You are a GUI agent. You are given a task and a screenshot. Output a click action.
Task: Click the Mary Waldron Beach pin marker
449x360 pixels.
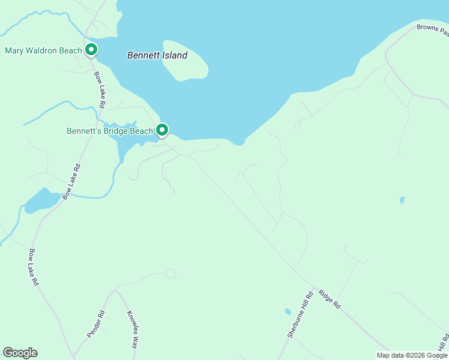91,50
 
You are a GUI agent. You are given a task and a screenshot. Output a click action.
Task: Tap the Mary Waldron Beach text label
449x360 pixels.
43,50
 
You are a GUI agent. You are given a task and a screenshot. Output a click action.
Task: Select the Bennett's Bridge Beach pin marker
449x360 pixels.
162,130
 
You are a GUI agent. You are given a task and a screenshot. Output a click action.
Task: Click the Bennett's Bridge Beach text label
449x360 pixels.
110,131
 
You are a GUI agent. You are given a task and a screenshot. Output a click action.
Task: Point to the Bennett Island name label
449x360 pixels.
157,55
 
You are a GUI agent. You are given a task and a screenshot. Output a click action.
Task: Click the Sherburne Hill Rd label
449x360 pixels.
300,315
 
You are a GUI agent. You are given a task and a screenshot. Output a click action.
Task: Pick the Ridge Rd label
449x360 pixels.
330,299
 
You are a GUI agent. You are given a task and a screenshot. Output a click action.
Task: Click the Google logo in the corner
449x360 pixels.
20,353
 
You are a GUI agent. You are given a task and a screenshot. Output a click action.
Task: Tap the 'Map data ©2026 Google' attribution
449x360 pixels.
412,355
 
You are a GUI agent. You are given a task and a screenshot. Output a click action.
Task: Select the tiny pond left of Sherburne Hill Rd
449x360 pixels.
288,312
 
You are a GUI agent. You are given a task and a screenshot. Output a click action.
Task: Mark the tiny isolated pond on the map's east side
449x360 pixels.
402,200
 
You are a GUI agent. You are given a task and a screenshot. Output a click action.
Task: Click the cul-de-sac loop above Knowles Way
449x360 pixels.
171,274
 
